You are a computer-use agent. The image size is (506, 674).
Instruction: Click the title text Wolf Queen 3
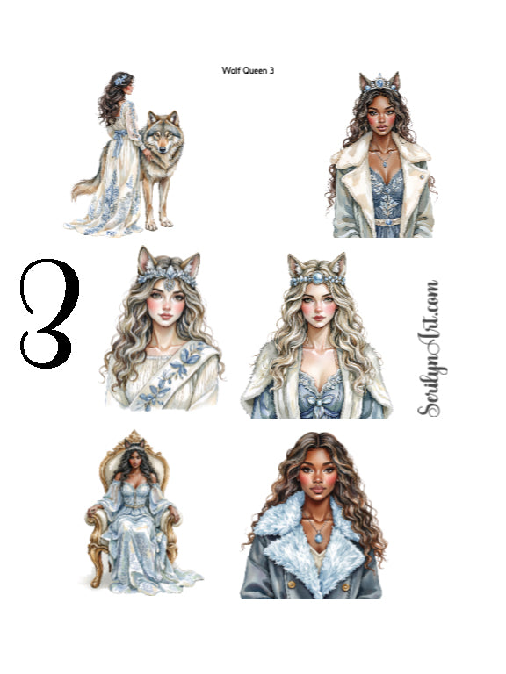[249, 70]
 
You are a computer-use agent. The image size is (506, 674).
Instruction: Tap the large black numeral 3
[50, 313]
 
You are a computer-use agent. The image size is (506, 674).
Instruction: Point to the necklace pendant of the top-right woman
[379, 164]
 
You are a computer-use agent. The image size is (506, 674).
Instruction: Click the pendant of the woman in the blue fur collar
[314, 534]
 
